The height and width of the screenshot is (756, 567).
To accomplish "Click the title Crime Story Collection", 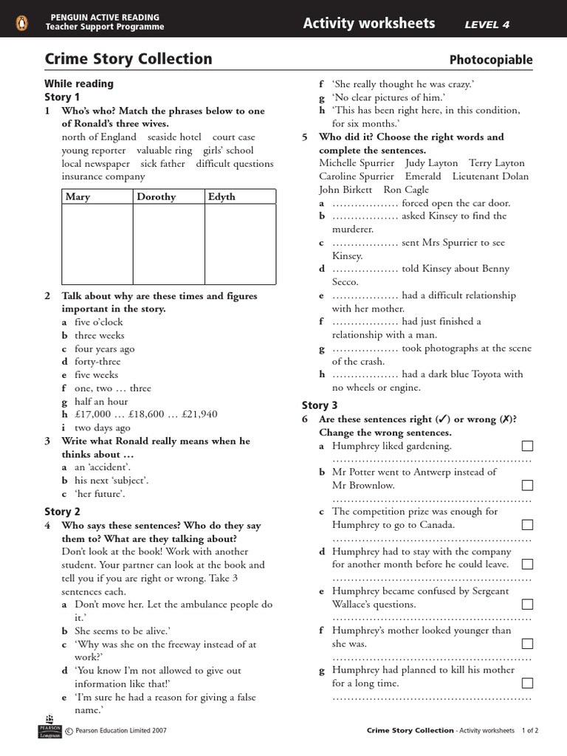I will (x=128, y=59).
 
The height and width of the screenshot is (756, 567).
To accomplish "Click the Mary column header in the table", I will (x=78, y=196).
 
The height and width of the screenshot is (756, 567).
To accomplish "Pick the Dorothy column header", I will (x=156, y=196).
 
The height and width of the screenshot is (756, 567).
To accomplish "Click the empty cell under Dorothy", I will (x=168, y=244).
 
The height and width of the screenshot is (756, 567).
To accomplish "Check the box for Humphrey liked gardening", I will (x=527, y=446).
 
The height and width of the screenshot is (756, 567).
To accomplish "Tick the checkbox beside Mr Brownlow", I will (x=527, y=485).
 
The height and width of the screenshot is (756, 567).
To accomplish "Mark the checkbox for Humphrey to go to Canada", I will (x=527, y=525).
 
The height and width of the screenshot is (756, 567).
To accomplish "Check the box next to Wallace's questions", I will (x=527, y=604).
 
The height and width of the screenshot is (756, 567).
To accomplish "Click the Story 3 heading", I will (x=320, y=405).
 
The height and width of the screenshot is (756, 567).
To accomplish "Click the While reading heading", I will (x=79, y=83).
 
